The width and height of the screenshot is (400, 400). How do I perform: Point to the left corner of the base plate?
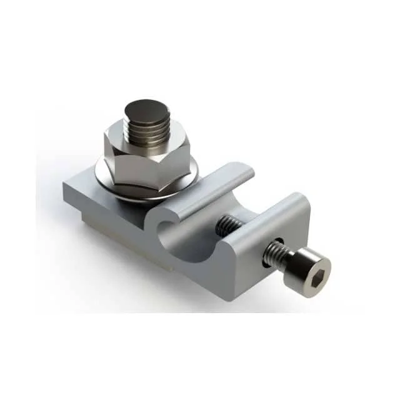click(65, 185)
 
